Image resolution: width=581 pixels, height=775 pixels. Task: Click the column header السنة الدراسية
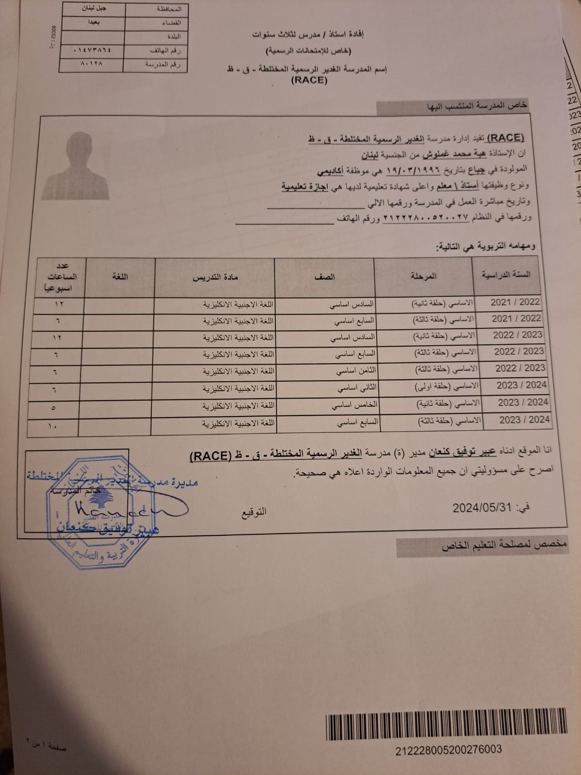(x=505, y=275)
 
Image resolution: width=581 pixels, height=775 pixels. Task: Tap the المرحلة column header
(x=423, y=276)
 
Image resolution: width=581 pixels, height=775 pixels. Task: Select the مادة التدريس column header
(x=215, y=277)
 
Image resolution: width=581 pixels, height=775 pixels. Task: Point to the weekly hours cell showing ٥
(x=54, y=408)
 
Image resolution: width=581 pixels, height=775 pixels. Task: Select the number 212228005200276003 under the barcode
(x=448, y=750)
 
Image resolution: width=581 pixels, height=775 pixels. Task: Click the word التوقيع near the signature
(x=254, y=511)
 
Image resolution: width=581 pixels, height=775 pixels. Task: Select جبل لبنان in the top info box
(x=92, y=9)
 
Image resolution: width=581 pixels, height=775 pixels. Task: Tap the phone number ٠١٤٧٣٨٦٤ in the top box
(x=92, y=50)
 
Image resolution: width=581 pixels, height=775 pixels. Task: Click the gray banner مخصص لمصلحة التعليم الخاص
(x=504, y=546)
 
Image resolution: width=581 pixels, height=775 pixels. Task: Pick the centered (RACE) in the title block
(x=309, y=80)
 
